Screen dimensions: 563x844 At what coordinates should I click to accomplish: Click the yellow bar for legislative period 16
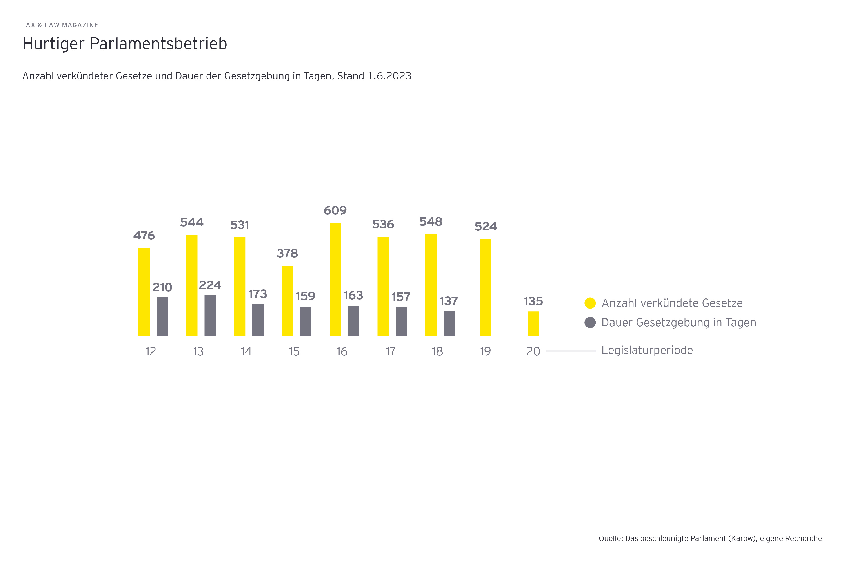coord(335,279)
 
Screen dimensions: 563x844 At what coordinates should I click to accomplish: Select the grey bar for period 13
coord(210,315)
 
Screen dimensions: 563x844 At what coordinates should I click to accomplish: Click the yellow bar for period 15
coord(287,301)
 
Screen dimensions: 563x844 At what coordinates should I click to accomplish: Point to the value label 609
coord(335,210)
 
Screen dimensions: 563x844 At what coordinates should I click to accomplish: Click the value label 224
coord(210,285)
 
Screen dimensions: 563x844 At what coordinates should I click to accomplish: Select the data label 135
coord(533,301)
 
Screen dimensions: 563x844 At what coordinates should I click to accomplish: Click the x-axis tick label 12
coord(151,351)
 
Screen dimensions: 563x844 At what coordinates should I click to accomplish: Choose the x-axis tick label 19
coord(486,351)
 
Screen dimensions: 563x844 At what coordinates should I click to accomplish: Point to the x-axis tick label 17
coord(390,351)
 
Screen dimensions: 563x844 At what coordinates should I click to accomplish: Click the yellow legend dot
coord(590,303)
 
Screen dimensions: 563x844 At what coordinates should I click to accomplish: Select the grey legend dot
coord(590,322)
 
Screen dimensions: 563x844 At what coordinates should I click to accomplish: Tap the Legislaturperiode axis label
coord(647,350)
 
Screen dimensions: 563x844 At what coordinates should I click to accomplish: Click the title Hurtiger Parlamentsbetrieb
coord(125,44)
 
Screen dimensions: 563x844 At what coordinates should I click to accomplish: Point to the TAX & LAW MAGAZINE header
coord(60,25)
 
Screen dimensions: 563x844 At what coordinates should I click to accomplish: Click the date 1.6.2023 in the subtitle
coord(389,76)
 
